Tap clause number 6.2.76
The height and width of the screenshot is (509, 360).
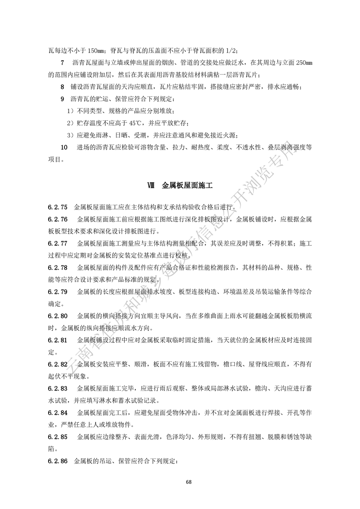pyautogui.click(x=57, y=220)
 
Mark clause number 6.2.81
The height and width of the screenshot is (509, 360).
pyautogui.click(x=57, y=340)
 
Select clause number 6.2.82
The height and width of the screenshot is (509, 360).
pyautogui.click(x=57, y=364)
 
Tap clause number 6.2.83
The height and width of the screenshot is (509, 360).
pyautogui.click(x=57, y=388)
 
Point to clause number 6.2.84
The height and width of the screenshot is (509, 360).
pyautogui.click(x=57, y=413)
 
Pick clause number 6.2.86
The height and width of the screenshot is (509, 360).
pyautogui.click(x=57, y=461)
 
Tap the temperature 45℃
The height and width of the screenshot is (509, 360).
pyautogui.click(x=138, y=123)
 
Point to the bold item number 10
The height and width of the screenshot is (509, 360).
pyautogui.click(x=64, y=147)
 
